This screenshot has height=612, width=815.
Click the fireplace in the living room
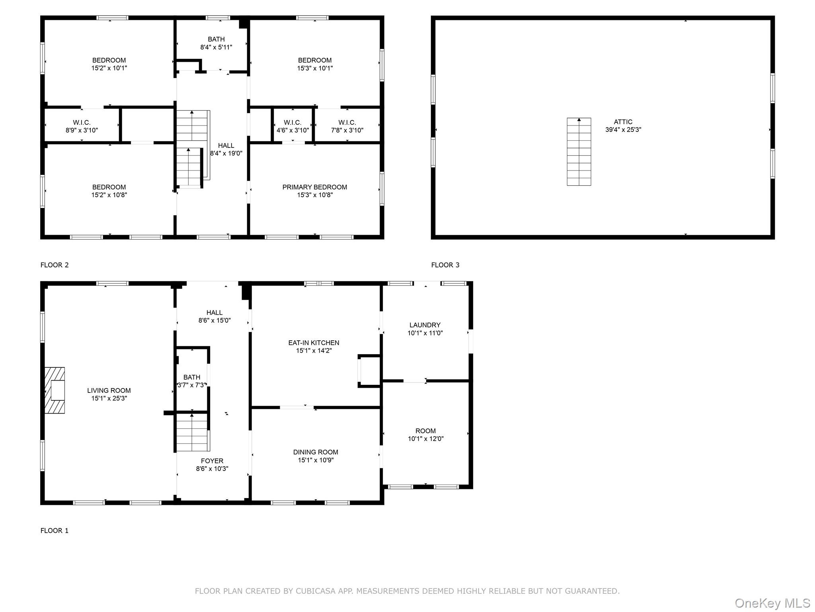tap(55, 390)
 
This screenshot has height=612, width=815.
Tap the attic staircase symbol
tap(579, 152)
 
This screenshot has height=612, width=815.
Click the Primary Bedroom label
tap(315, 187)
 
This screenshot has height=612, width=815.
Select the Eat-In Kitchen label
tap(314, 343)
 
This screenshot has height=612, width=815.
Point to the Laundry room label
tap(425, 325)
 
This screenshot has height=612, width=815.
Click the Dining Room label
tap(316, 452)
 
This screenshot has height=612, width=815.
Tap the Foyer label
tap(212, 461)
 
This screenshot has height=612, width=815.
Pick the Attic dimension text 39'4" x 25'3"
tap(623, 129)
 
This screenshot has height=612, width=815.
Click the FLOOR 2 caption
tap(55, 265)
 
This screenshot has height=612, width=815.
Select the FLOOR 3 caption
tap(445, 265)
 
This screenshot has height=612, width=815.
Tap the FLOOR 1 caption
tap(55, 531)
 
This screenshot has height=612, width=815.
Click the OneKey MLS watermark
tap(772, 603)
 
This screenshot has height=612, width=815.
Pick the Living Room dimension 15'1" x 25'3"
tap(109, 398)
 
